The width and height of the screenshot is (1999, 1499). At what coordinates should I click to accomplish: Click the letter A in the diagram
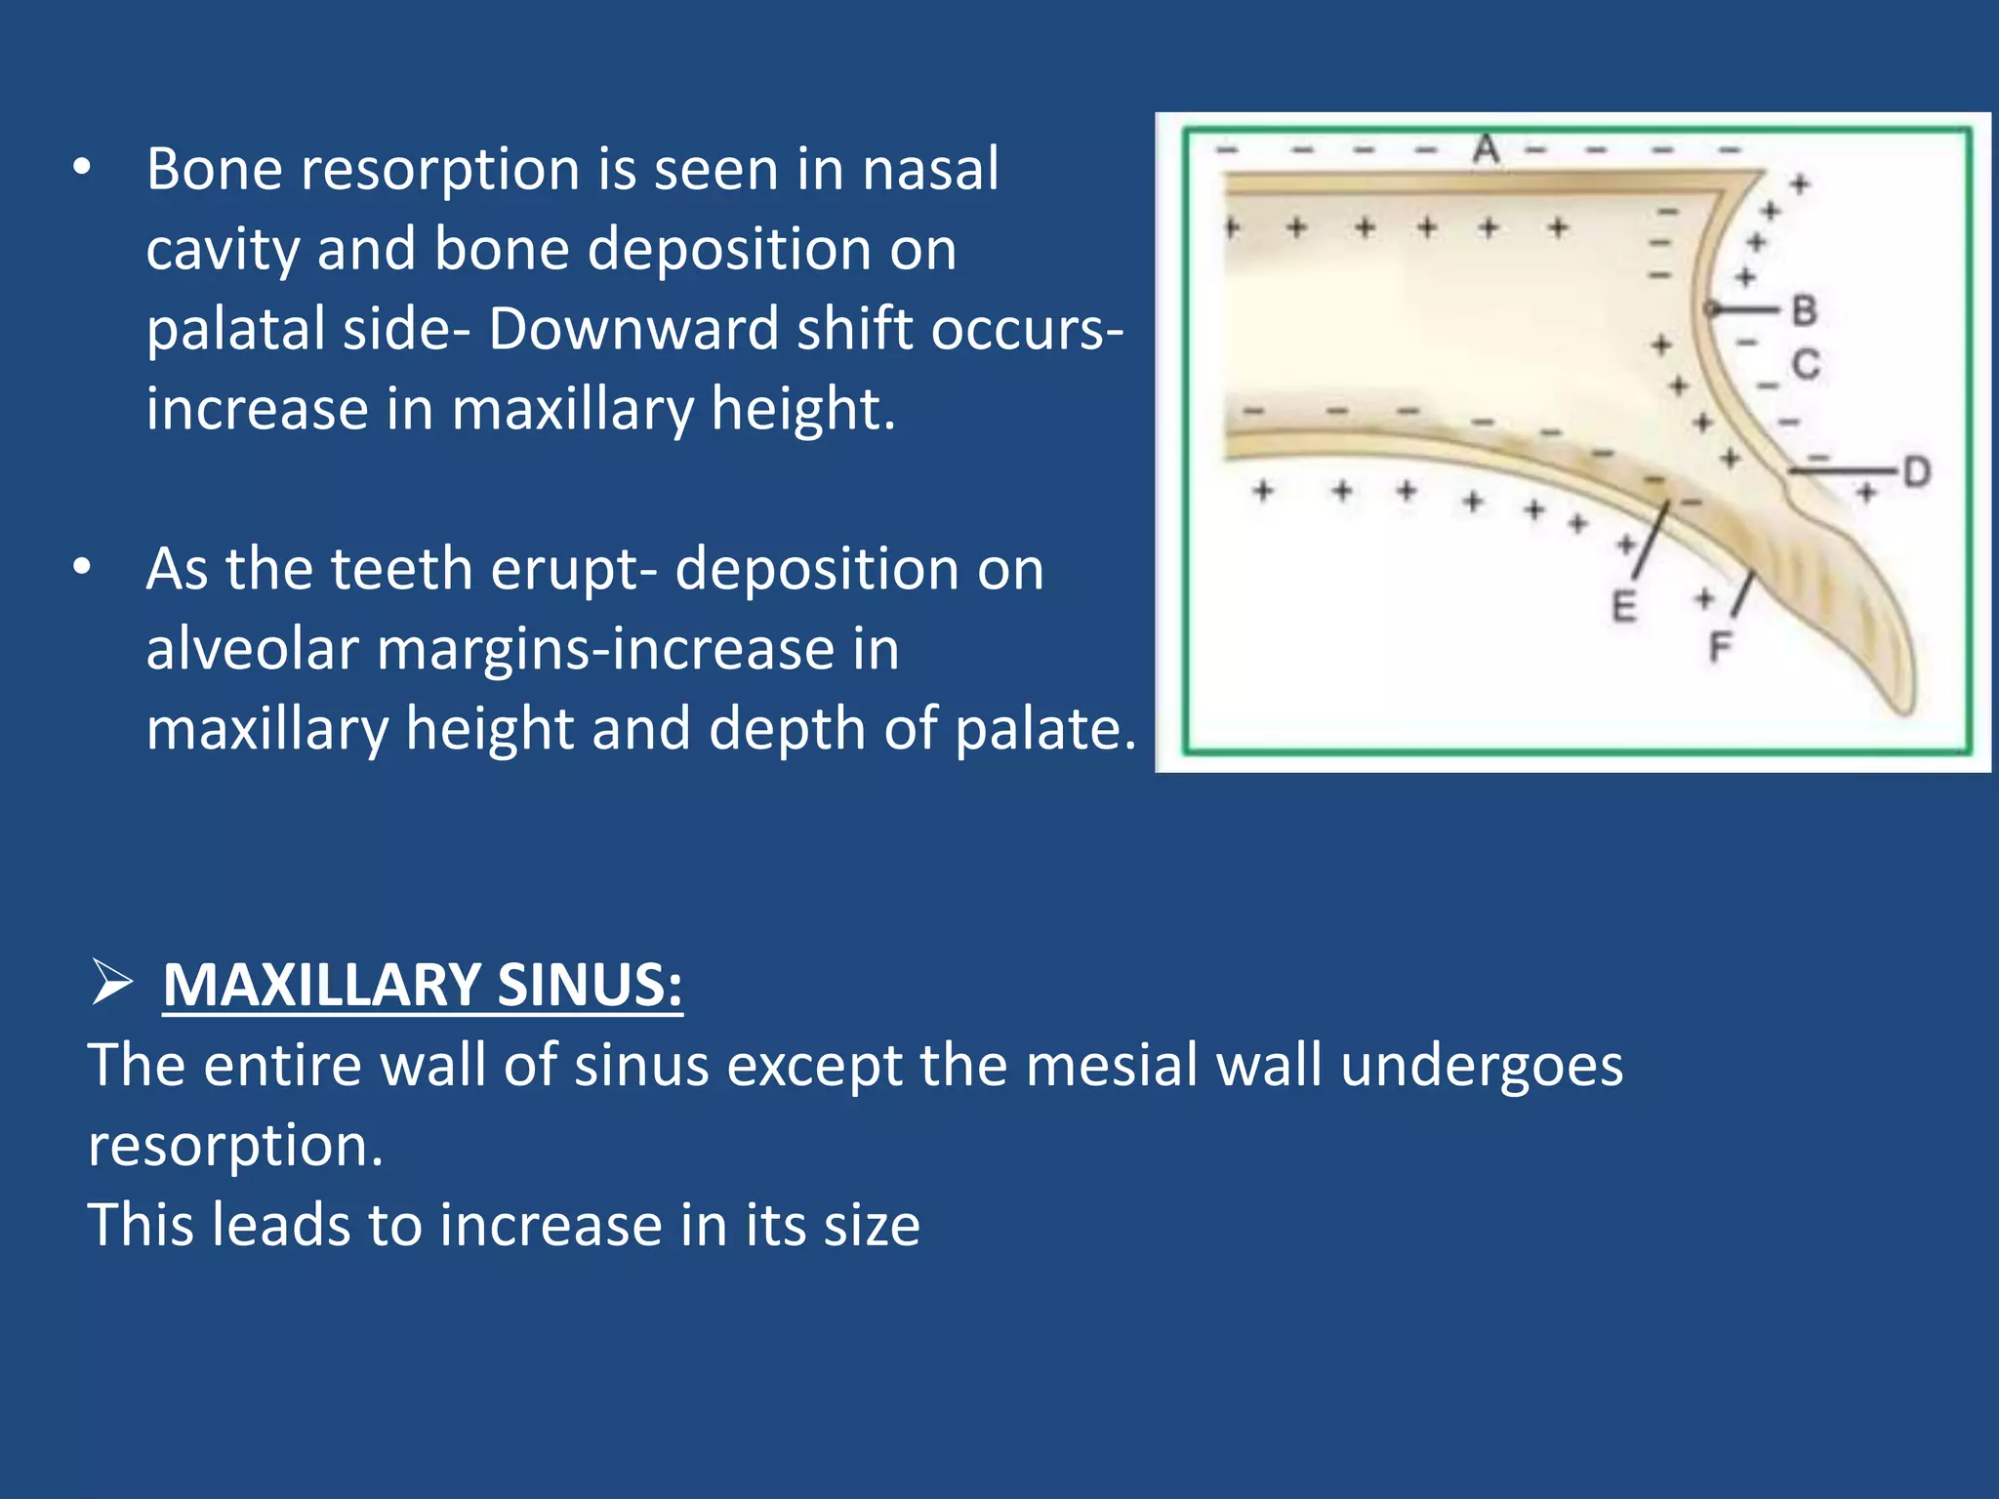point(1486,149)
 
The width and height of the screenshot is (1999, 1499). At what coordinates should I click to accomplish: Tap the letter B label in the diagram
point(1804,311)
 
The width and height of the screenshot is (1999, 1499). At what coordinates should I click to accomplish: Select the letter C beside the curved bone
point(1806,365)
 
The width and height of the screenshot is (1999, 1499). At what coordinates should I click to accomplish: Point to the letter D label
point(1916,472)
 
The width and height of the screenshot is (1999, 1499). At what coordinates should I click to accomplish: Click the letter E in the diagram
point(1623,607)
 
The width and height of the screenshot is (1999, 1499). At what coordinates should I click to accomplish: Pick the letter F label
point(1720,647)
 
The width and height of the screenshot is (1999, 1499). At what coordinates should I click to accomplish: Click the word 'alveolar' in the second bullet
point(252,650)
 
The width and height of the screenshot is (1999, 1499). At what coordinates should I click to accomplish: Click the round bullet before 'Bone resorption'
point(82,169)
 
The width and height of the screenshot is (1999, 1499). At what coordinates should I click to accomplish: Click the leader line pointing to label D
point(1845,471)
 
